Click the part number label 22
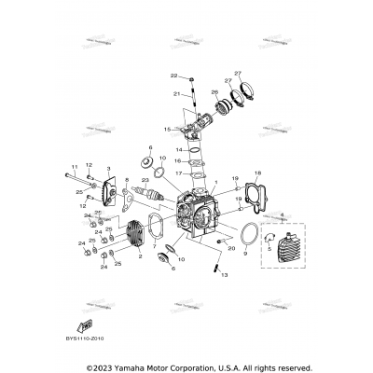point(173,75)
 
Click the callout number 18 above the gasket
point(258,172)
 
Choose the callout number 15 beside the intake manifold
point(166,129)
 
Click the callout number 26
point(214,93)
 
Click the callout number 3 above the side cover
point(107,170)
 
